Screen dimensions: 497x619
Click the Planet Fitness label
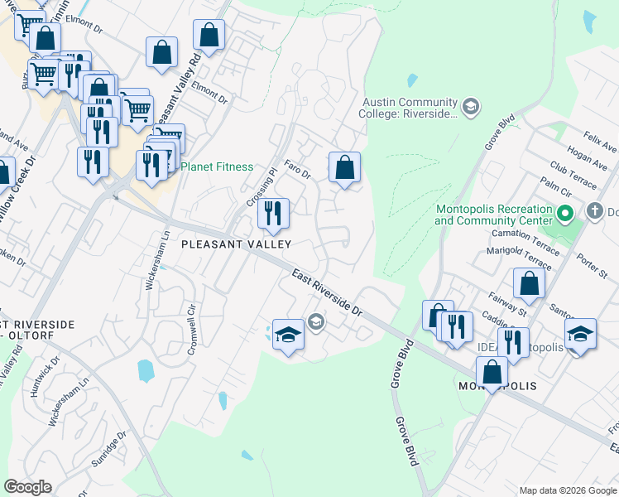217,166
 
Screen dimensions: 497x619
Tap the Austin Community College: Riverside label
409,108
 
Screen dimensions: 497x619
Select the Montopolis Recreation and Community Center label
493,215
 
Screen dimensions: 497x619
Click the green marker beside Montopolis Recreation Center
566,215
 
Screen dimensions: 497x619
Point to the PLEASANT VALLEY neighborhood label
236,244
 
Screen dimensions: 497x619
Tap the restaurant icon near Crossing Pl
271,214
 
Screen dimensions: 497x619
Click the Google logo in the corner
27,487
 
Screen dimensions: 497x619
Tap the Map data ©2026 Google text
567,490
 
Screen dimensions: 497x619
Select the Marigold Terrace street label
519,258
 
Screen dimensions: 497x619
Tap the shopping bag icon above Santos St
529,283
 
